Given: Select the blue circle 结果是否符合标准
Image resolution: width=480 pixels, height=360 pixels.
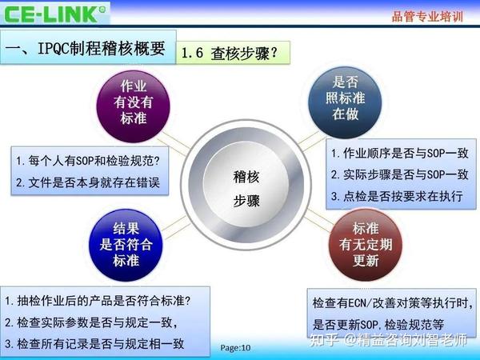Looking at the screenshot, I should point(126,244).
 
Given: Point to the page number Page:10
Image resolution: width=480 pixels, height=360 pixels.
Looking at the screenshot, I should point(236,348).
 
